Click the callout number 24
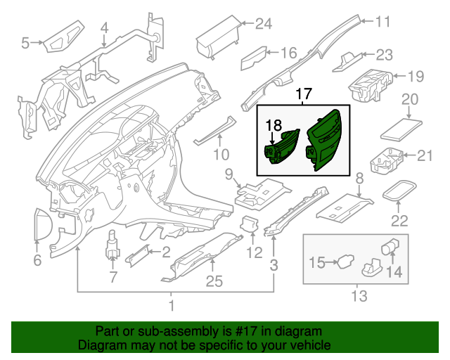263,24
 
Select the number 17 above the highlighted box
302,94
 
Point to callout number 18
274,125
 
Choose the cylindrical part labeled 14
387,247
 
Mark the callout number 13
359,297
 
